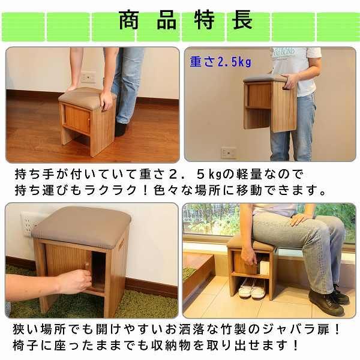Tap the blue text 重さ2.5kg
pyautogui.click(x=220, y=61)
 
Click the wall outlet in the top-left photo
pyautogui.click(x=88, y=78)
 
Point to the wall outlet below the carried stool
pyautogui.click(x=228, y=152)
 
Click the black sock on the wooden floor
pyautogui.click(x=121, y=128)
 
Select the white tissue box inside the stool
pyautogui.click(x=264, y=268)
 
